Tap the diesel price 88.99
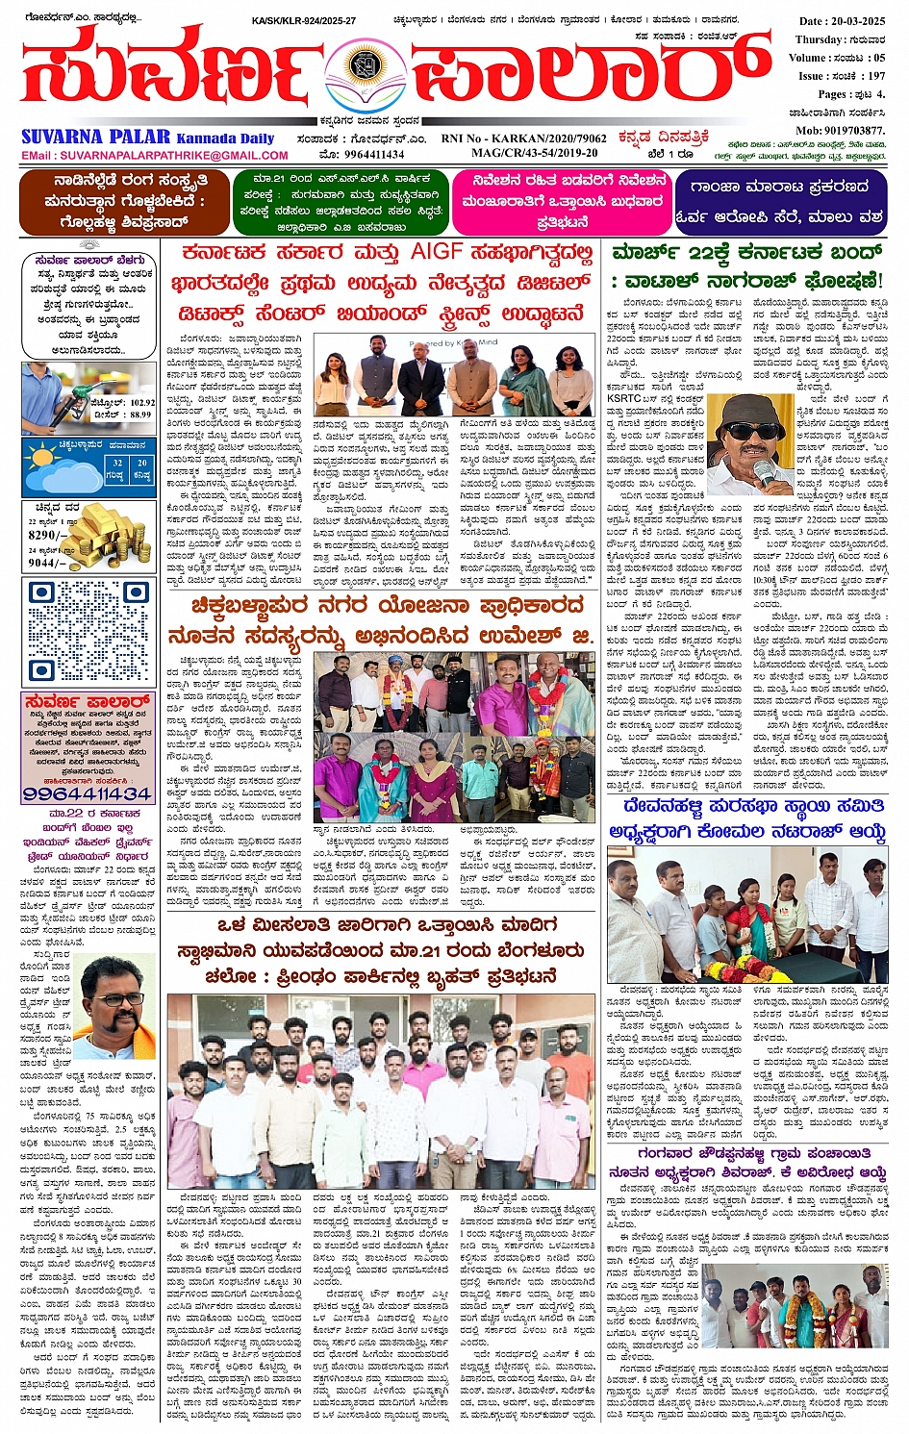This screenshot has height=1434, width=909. point(140,415)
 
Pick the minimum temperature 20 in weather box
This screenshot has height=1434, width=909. point(141,463)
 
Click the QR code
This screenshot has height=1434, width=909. point(88,631)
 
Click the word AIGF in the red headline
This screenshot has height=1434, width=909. point(438,253)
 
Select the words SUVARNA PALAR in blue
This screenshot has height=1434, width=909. point(95,137)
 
